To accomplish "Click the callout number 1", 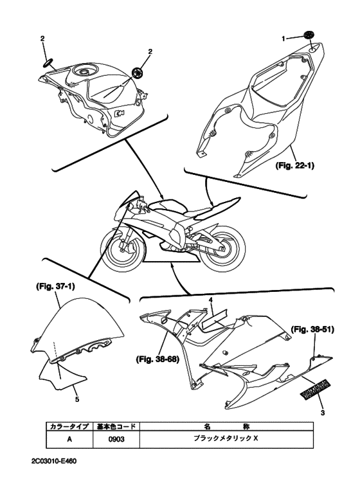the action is click(283, 39).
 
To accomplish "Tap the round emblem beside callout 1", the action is click(309, 35).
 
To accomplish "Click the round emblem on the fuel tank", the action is click(138, 73).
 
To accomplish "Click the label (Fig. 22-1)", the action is click(294, 165).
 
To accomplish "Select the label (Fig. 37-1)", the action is click(55, 287).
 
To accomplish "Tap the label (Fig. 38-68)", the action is click(157, 359).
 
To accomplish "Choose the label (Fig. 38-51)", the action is click(312, 330).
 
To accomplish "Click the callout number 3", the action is click(323, 413).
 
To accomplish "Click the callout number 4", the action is click(210, 300).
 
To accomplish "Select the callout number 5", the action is click(77, 399).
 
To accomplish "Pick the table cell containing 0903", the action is click(116, 439).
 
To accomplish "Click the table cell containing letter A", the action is click(69, 439).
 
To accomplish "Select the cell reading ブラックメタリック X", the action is click(226, 439).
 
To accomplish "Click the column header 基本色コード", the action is click(116, 426).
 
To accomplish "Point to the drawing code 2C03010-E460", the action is click(54, 461).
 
